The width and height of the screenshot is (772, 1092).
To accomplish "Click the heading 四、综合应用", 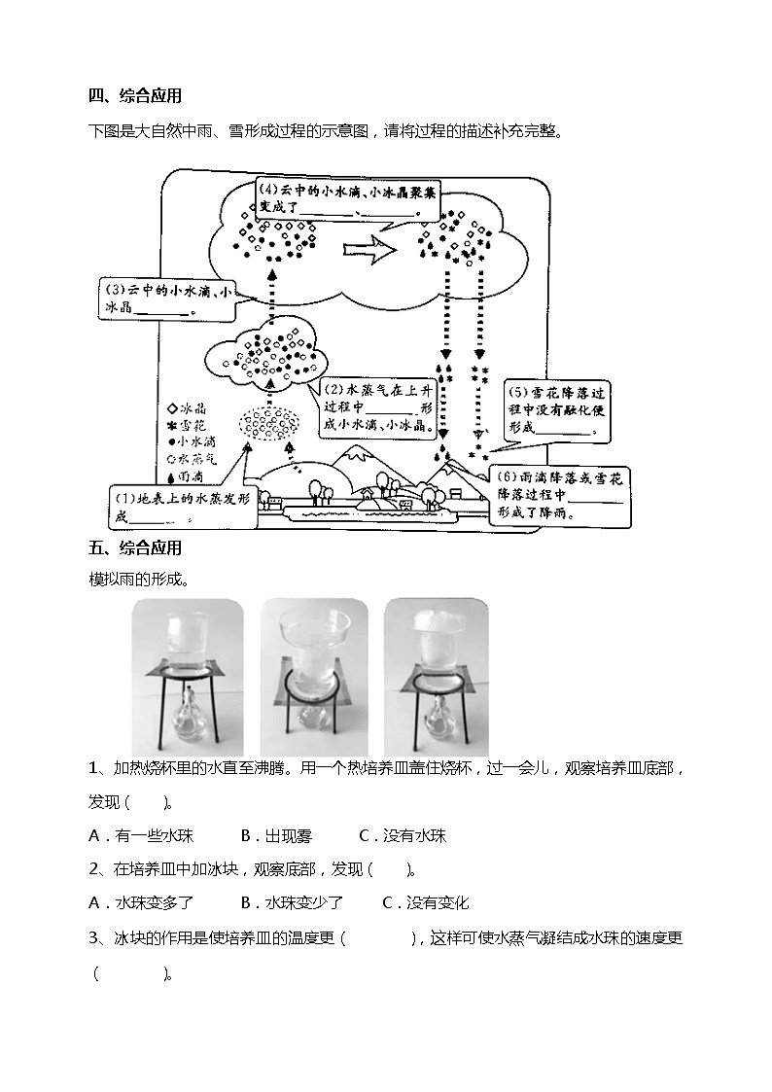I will (x=134, y=95).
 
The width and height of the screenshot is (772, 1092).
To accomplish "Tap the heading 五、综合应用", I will (x=134, y=547).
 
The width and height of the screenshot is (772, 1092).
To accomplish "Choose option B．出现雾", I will (x=278, y=835).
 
